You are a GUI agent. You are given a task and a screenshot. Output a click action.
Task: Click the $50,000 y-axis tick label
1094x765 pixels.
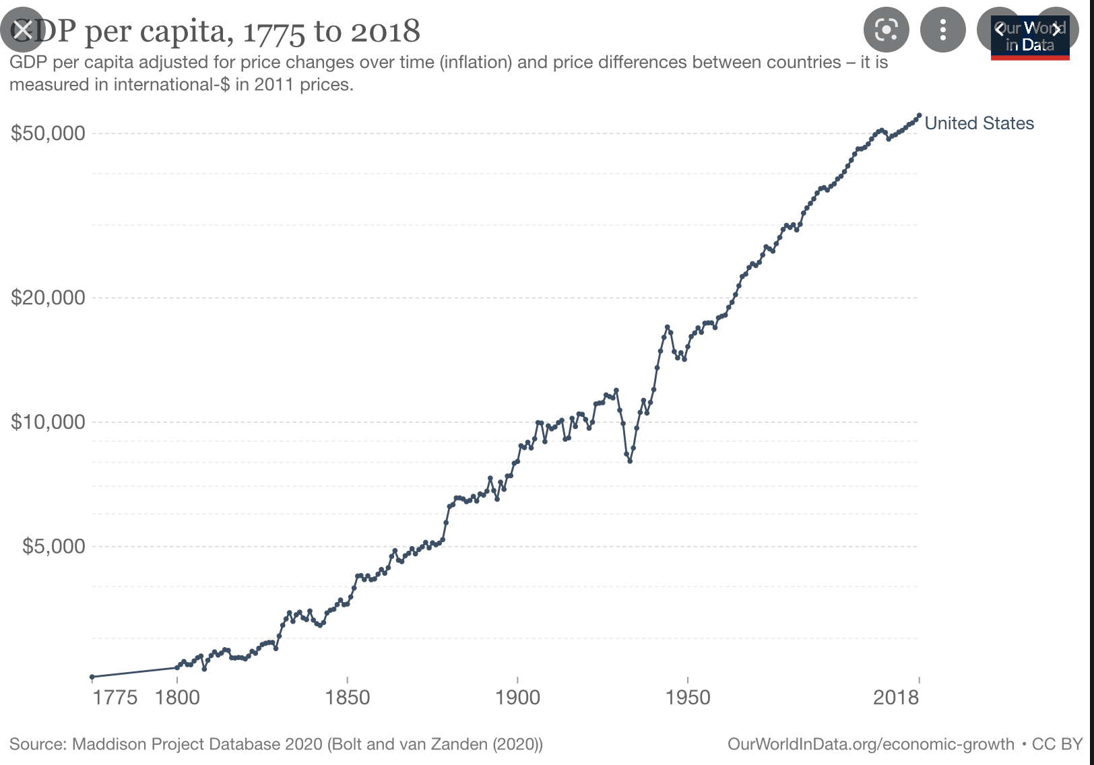tap(48, 133)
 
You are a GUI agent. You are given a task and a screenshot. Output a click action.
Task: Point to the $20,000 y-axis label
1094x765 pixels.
tap(48, 298)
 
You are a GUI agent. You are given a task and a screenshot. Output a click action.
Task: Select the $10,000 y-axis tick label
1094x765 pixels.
tap(48, 422)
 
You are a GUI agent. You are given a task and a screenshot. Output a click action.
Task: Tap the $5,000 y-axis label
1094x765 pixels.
tap(54, 546)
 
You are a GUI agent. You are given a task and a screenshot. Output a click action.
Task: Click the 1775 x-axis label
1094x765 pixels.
tap(115, 698)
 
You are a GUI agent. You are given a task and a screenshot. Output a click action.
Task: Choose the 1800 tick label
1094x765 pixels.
tap(177, 698)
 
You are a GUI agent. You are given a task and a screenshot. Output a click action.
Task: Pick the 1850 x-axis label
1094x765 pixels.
tap(348, 698)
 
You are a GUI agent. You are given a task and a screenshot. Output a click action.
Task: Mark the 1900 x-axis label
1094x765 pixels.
tap(517, 698)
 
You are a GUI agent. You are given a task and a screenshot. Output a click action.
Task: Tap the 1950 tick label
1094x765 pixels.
tap(688, 698)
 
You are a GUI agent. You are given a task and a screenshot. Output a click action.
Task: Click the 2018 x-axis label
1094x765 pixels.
tap(896, 698)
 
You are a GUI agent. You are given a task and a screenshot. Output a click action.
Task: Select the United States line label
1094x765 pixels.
tap(979, 123)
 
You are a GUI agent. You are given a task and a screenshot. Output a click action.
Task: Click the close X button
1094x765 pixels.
tap(23, 30)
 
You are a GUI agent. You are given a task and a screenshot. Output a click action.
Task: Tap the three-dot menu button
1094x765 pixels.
tap(942, 30)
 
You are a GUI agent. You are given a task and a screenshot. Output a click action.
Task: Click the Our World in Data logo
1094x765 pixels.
tap(1029, 38)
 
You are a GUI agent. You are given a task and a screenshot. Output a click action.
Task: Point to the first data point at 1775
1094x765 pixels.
tap(92, 677)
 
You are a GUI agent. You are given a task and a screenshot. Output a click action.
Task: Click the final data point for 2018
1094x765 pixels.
tap(919, 115)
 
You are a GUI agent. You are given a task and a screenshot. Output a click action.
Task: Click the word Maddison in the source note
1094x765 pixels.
tap(108, 744)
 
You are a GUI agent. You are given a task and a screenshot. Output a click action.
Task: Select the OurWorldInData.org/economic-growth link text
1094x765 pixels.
tap(870, 744)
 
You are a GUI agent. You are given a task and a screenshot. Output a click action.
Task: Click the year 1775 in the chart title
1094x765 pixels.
tap(273, 32)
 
